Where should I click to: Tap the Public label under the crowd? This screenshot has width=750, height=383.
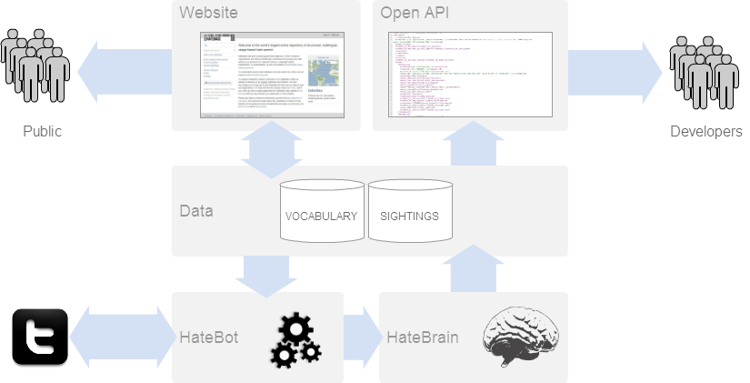tap(42, 132)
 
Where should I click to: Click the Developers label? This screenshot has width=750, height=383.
tap(706, 132)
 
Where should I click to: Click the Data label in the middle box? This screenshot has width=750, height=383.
tap(195, 211)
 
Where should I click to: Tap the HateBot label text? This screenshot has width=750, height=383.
tap(208, 338)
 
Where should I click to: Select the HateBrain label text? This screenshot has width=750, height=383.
tap(422, 338)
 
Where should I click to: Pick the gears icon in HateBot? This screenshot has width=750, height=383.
tap(293, 338)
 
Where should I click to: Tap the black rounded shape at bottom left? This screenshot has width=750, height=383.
tap(41, 328)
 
